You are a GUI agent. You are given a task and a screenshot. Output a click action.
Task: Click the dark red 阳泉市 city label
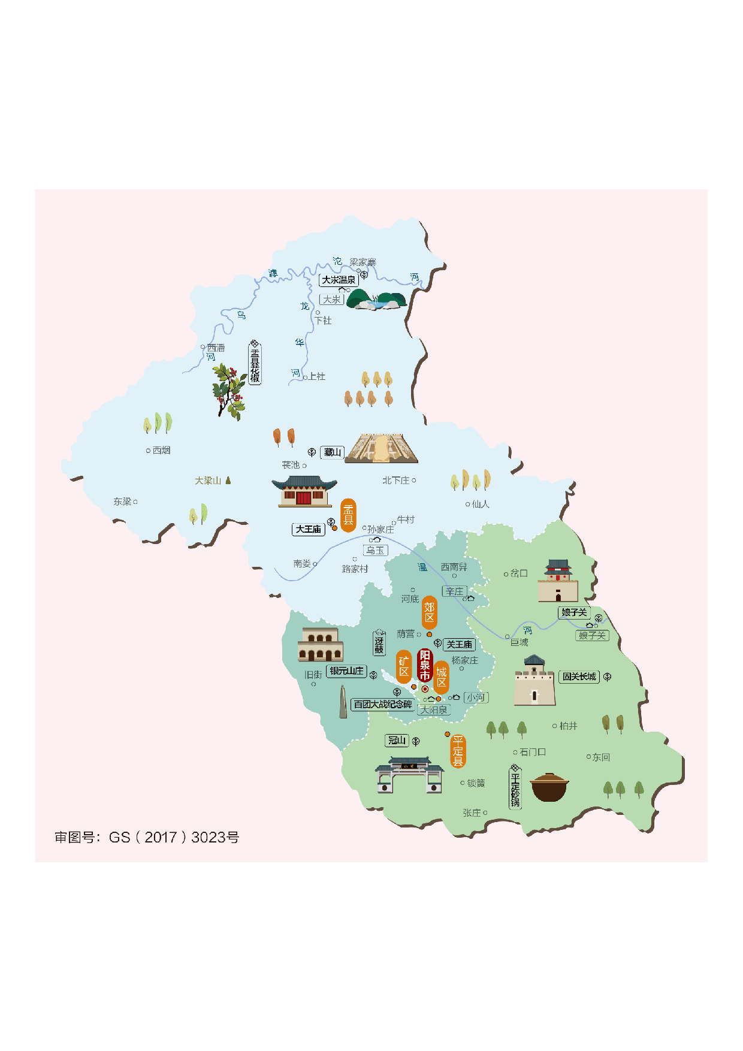[x=425, y=665]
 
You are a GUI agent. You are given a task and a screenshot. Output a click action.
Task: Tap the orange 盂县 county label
[x=348, y=515]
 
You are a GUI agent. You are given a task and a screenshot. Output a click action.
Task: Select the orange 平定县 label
[x=458, y=751]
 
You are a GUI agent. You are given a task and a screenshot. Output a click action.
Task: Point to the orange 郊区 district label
[x=429, y=612]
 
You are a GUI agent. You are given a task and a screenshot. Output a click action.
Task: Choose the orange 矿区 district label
[x=404, y=666]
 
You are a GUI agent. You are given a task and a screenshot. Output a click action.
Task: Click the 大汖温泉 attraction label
[x=339, y=280]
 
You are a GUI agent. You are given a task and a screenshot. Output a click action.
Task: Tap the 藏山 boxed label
[x=333, y=452]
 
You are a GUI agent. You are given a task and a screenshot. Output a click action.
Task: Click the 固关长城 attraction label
[x=579, y=676]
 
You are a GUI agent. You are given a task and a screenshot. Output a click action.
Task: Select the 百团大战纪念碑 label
[x=382, y=704]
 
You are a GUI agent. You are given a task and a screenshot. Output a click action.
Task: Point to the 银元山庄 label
[x=346, y=671]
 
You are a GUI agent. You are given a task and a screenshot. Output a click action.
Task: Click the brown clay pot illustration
[x=549, y=787]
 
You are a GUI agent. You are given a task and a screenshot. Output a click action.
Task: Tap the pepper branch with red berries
[x=229, y=389]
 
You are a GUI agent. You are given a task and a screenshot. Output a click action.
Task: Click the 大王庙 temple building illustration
[x=304, y=491]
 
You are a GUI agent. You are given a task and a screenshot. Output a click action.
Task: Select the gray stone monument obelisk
[x=343, y=702]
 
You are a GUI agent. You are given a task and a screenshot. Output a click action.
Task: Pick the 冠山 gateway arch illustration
[x=409, y=775]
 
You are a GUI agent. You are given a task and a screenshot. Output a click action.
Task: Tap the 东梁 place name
[x=122, y=502]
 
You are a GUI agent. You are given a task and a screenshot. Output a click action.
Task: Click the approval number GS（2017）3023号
[x=147, y=837]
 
